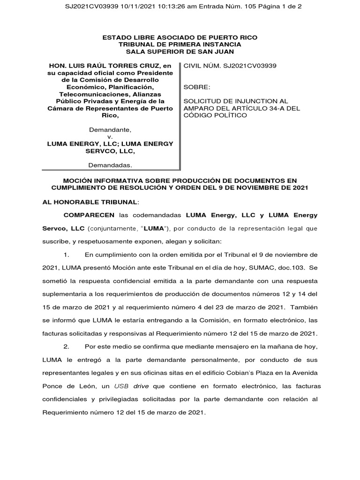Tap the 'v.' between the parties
(x=110, y=136)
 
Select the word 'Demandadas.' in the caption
(x=110, y=165)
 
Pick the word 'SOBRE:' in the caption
(x=197, y=87)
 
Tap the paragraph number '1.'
(x=67, y=255)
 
